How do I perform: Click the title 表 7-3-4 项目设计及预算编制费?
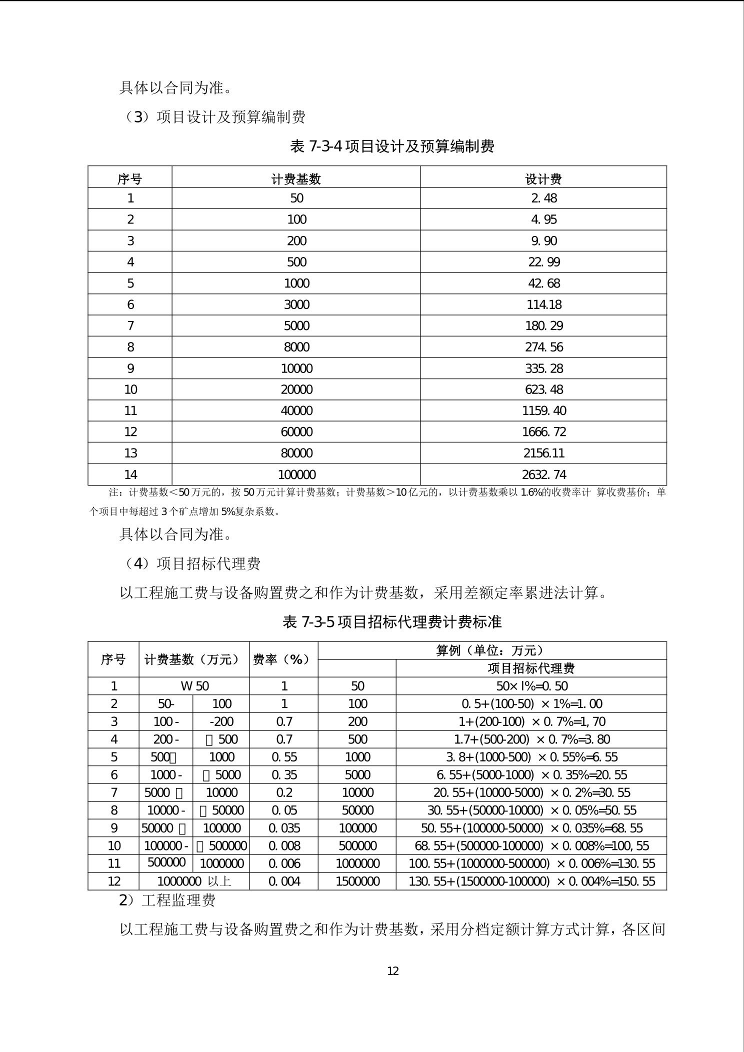pyautogui.click(x=392, y=146)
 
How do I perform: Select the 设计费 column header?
pyautogui.click(x=543, y=178)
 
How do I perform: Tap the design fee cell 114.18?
pyautogui.click(x=543, y=304)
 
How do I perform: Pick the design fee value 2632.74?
pyautogui.click(x=543, y=474)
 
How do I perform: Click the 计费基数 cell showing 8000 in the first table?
pyautogui.click(x=296, y=347)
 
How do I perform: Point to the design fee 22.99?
pyautogui.click(x=543, y=262)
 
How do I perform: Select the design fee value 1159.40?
pyautogui.click(x=543, y=410)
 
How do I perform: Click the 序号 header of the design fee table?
pyautogui.click(x=129, y=178)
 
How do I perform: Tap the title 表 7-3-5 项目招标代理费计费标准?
pyautogui.click(x=392, y=622)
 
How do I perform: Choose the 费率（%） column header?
pyautogui.click(x=283, y=659)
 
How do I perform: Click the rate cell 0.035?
pyautogui.click(x=284, y=828)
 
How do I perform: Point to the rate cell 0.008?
pyautogui.click(x=284, y=845)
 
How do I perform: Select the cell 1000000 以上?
pyautogui.click(x=194, y=881)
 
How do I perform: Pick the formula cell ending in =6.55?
pyautogui.click(x=531, y=757)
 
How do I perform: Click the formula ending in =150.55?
pyautogui.click(x=531, y=881)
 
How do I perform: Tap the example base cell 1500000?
pyautogui.click(x=357, y=881)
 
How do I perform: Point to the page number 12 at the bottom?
pyautogui.click(x=392, y=971)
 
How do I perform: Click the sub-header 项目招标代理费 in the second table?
pyautogui.click(x=531, y=668)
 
